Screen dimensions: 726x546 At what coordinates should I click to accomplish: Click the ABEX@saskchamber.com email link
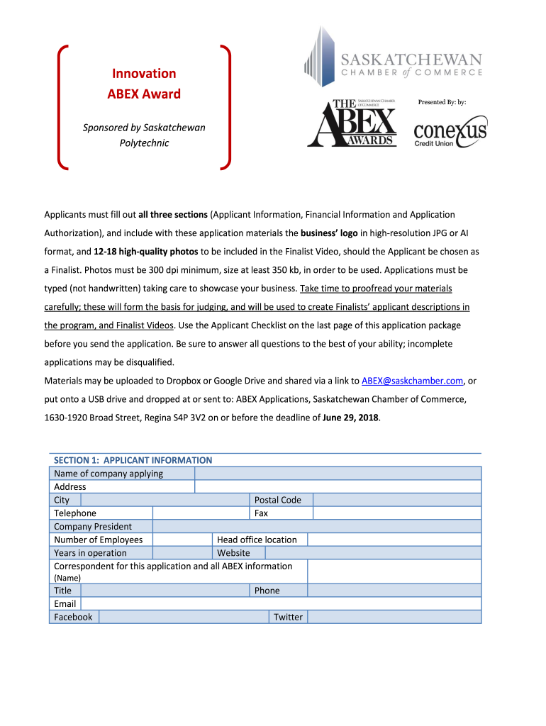pyautogui.click(x=411, y=381)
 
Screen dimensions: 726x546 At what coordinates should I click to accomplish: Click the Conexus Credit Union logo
pyautogui.click(x=450, y=131)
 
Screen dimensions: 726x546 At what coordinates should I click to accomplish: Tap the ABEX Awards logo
pyautogui.click(x=352, y=123)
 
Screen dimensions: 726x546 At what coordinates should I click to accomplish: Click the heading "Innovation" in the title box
pyautogui.click(x=144, y=74)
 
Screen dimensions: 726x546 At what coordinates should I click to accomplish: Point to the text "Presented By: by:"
pyautogui.click(x=442, y=102)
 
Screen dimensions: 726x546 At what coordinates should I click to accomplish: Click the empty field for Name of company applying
pyautogui.click(x=338, y=474)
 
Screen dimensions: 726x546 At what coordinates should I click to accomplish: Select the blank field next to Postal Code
pyautogui.click(x=396, y=500)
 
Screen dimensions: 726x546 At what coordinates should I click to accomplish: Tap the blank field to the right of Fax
pyautogui.click(x=396, y=513)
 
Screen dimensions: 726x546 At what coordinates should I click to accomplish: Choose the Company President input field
pyautogui.click(x=316, y=526)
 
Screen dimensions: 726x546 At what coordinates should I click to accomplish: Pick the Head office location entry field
pyautogui.click(x=394, y=540)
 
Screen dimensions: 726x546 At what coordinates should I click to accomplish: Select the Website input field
pyautogui.click(x=373, y=553)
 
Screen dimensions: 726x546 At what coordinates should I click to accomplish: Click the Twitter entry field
pyautogui.click(x=394, y=617)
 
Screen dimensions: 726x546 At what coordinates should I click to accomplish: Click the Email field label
pyautogui.click(x=65, y=604)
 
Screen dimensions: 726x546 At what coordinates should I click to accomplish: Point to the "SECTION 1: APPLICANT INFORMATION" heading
pyautogui.click(x=133, y=460)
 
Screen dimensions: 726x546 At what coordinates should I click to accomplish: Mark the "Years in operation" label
pyautogui.click(x=91, y=553)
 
